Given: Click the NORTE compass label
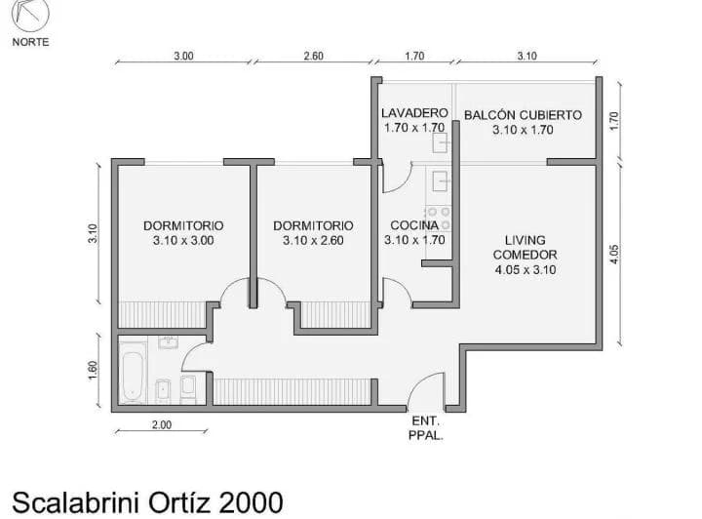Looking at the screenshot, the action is click(x=30, y=42).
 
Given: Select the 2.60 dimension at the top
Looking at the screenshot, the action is click(x=313, y=56).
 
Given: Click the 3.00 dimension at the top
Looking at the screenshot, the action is click(x=183, y=56).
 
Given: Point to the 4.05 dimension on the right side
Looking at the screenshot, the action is click(x=614, y=254).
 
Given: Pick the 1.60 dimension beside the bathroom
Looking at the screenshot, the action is click(x=93, y=371).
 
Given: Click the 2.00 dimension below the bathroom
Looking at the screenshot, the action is click(x=162, y=424).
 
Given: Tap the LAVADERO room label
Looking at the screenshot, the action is click(x=414, y=113).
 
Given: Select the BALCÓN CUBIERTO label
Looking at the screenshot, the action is click(x=523, y=115).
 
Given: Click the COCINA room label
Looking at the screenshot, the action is click(x=414, y=225).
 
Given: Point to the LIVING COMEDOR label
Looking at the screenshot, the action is click(x=526, y=247).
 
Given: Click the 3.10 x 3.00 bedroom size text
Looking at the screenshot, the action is click(x=183, y=240).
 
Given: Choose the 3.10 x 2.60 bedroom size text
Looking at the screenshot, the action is click(x=313, y=240).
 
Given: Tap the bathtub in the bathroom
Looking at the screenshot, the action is click(x=133, y=373).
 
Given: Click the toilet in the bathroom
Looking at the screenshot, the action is click(x=188, y=387).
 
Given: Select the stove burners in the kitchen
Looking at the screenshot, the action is click(x=439, y=219).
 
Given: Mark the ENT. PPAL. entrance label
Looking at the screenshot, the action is click(x=426, y=428).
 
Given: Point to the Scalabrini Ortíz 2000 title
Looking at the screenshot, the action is click(x=147, y=502).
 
